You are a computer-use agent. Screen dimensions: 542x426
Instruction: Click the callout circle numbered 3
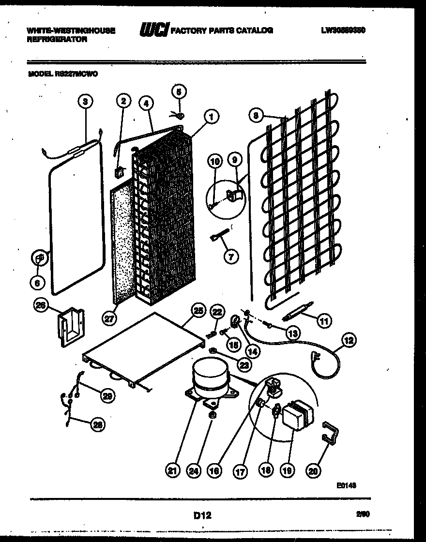click(x=85, y=101)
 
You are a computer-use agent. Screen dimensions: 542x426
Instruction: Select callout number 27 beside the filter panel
click(x=110, y=318)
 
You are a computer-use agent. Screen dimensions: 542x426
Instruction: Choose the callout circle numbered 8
click(x=257, y=115)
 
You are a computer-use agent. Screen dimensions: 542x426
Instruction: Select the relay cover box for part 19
click(x=296, y=415)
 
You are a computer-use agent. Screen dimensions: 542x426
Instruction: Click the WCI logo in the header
click(x=153, y=30)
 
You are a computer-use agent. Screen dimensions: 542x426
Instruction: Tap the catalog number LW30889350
click(x=343, y=30)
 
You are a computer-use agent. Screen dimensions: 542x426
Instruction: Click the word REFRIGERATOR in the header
click(x=57, y=40)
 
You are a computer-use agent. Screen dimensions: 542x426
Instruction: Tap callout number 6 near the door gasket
click(x=38, y=281)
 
